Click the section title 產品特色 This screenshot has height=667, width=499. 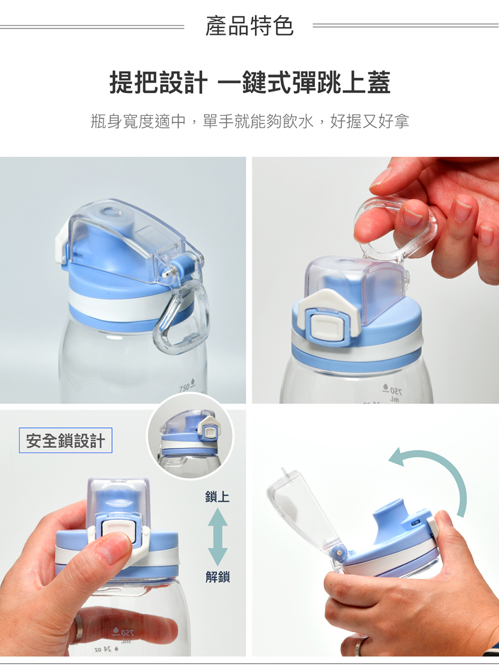(x=249, y=26)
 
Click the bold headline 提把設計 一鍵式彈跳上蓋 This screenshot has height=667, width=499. (x=250, y=82)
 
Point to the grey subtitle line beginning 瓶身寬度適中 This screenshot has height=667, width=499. (x=250, y=121)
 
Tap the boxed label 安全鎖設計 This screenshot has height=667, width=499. (x=65, y=440)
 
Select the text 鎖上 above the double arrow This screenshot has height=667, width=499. (x=217, y=497)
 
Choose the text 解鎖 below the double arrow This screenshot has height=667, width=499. (x=218, y=577)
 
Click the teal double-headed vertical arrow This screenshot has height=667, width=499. (x=218, y=537)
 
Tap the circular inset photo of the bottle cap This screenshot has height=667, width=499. (x=190, y=436)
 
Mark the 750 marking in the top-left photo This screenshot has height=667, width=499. (x=186, y=387)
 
